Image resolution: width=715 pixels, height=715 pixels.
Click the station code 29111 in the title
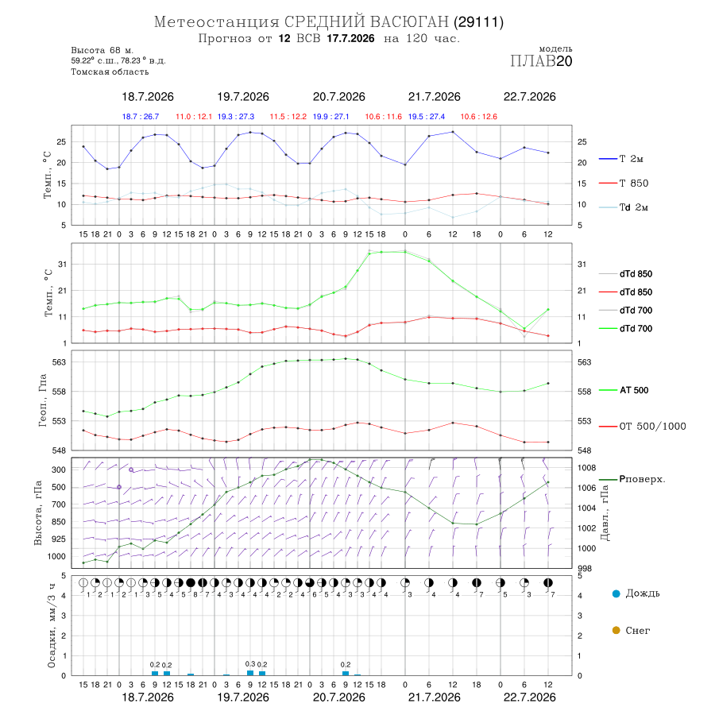(478, 22)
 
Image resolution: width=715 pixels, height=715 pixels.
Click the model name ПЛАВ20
(541, 61)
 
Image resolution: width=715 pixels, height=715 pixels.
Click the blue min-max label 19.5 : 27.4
(427, 117)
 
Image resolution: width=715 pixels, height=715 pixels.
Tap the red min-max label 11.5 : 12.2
(288, 117)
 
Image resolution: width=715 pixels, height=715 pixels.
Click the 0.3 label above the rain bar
(250, 664)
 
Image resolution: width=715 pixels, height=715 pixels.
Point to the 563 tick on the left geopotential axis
(60, 362)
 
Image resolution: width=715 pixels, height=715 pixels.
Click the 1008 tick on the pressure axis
(586, 468)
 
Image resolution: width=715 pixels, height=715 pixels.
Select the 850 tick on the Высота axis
(58, 522)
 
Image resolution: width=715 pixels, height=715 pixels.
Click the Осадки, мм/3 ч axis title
(52, 626)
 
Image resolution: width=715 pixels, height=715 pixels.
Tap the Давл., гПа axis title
(605, 512)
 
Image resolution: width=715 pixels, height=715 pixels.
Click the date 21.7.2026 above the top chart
(434, 97)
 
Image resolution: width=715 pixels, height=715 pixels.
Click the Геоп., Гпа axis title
(43, 400)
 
